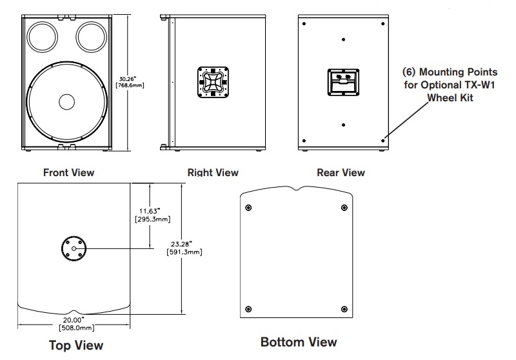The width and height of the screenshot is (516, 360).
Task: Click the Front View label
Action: point(68,172)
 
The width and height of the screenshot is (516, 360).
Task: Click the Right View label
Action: point(212,172)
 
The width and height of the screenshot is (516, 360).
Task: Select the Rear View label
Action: point(341,172)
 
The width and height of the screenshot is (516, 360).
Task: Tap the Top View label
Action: point(76,345)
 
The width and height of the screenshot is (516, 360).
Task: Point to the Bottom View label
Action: point(298,341)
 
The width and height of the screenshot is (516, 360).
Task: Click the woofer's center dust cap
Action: point(66,102)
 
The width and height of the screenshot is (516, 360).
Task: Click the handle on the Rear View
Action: point(341,83)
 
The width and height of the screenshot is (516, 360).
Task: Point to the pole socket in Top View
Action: point(74,248)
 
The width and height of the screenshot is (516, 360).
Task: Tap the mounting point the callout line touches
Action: point(383,139)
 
